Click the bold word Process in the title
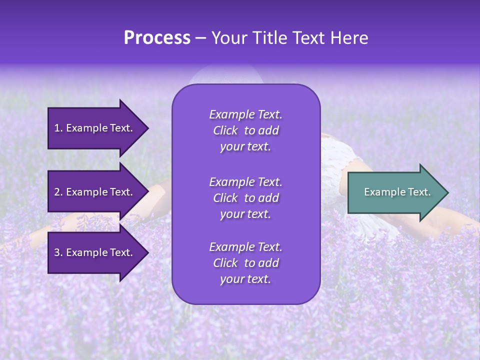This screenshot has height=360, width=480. (x=157, y=38)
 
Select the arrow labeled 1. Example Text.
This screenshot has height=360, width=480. (x=95, y=128)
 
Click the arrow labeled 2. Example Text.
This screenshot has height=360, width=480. (x=95, y=192)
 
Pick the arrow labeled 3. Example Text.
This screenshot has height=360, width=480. (x=95, y=252)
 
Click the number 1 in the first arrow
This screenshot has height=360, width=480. (x=57, y=128)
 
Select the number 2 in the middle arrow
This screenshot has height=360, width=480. (x=57, y=192)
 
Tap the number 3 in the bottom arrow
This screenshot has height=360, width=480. (x=57, y=252)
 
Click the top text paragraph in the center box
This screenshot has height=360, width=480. (x=245, y=130)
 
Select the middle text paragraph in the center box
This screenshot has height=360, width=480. (x=245, y=198)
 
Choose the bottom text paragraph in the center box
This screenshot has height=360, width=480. (x=245, y=263)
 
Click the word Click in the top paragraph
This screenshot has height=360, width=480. (x=225, y=130)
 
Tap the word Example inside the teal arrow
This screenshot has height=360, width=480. (x=381, y=192)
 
